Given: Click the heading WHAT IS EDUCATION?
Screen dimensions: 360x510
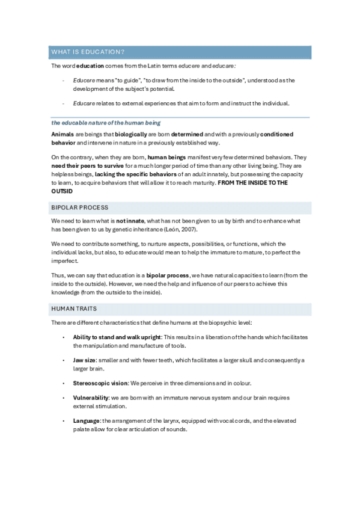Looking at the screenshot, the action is coord(88,52).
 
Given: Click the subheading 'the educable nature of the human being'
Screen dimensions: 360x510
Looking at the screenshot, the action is coord(106,122).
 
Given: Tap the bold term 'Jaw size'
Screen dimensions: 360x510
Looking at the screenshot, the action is coord(84,360).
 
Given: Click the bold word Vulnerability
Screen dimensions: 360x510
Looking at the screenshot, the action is coord(91,398).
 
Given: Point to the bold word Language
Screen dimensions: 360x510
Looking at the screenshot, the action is coord(86,420).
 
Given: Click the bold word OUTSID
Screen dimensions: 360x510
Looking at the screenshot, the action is coord(62,191).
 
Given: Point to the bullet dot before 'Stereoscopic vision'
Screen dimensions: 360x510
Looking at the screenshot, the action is coord(64,382).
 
